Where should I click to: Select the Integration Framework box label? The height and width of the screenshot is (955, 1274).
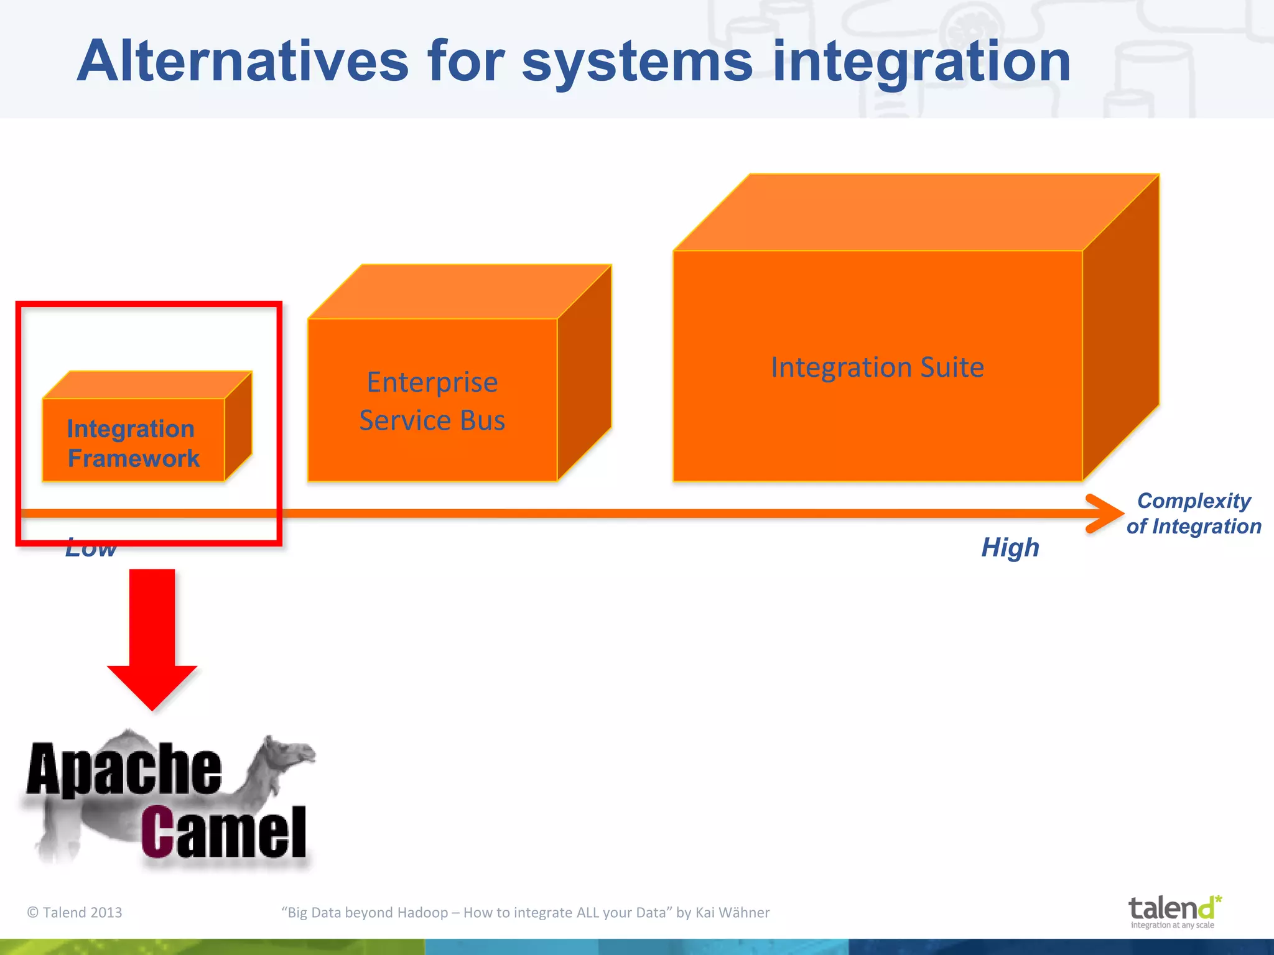133,443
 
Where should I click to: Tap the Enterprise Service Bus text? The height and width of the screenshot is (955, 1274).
432,401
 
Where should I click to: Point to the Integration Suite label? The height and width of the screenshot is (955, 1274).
877,367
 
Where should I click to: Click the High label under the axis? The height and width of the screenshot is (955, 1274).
1010,548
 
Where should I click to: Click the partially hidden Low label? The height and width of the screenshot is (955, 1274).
91,550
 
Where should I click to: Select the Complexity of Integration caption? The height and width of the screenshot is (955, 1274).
1193,514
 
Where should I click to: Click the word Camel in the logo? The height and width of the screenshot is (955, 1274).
224,833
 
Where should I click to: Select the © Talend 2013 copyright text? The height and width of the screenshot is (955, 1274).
75,912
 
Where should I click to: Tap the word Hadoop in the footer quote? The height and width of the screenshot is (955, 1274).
422,912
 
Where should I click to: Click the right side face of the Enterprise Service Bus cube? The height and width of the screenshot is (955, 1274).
584,373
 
